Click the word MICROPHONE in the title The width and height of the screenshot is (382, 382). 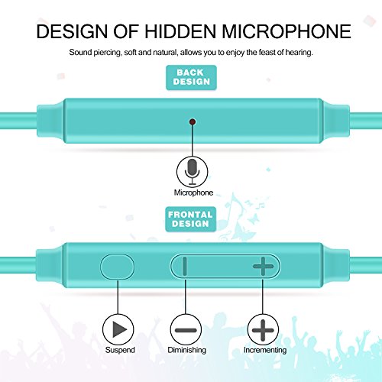click(286, 31)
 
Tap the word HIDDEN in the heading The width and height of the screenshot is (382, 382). click(180, 31)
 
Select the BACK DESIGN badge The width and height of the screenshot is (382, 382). click(191, 77)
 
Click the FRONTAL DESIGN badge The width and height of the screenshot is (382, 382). click(191, 219)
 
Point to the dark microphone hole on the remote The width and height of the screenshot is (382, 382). click(193, 121)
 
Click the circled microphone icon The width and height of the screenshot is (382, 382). click(193, 171)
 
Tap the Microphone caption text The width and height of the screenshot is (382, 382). click(193, 193)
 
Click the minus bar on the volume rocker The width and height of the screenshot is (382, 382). click(185, 266)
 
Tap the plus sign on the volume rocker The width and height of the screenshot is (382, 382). click(263, 266)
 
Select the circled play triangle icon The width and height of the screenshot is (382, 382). click(118, 329)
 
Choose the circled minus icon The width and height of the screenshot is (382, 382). click(186, 330)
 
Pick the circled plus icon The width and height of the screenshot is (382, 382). click(263, 330)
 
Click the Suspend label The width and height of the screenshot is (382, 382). click(120, 350)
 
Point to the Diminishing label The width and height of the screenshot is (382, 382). click(186, 350)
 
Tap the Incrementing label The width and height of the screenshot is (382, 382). click(265, 350)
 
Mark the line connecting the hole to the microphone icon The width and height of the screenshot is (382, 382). click(193, 141)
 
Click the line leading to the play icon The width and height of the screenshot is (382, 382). click(118, 296)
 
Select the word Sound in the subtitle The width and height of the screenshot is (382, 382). click(80, 52)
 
